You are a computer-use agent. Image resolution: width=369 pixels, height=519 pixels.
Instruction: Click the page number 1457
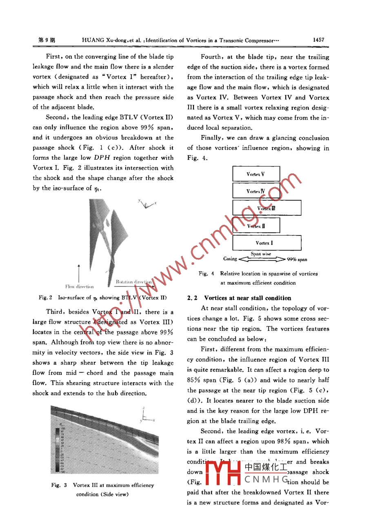pyautogui.click(x=318, y=40)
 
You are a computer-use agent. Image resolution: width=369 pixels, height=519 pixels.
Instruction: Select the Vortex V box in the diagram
pyautogui.click(x=256, y=174)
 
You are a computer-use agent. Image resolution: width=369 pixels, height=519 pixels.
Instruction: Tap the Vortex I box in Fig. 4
pyautogui.click(x=267, y=243)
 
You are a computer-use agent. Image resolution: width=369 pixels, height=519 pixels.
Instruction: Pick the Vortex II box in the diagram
pyautogui.click(x=256, y=226)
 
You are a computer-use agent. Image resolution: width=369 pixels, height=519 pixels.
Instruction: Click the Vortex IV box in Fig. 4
pyautogui.click(x=256, y=191)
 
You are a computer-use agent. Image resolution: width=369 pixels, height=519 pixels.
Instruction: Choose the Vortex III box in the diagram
pyautogui.click(x=267, y=208)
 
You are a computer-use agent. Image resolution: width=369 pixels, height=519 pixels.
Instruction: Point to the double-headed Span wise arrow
pyautogui.click(x=261, y=259)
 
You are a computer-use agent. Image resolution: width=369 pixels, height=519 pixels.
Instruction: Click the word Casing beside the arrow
pyautogui.click(x=230, y=259)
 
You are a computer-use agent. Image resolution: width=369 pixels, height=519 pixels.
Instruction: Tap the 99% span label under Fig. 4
pyautogui.click(x=297, y=259)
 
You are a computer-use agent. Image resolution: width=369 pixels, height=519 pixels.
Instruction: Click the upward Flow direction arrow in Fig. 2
pyautogui.click(x=78, y=273)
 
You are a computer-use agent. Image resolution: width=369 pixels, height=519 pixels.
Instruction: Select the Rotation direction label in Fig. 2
pyautogui.click(x=134, y=282)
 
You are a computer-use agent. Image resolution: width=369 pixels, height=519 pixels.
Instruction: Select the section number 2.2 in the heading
pyautogui.click(x=192, y=298)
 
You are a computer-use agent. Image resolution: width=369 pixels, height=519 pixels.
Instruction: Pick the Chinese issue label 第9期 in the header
pyautogui.click(x=46, y=40)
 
